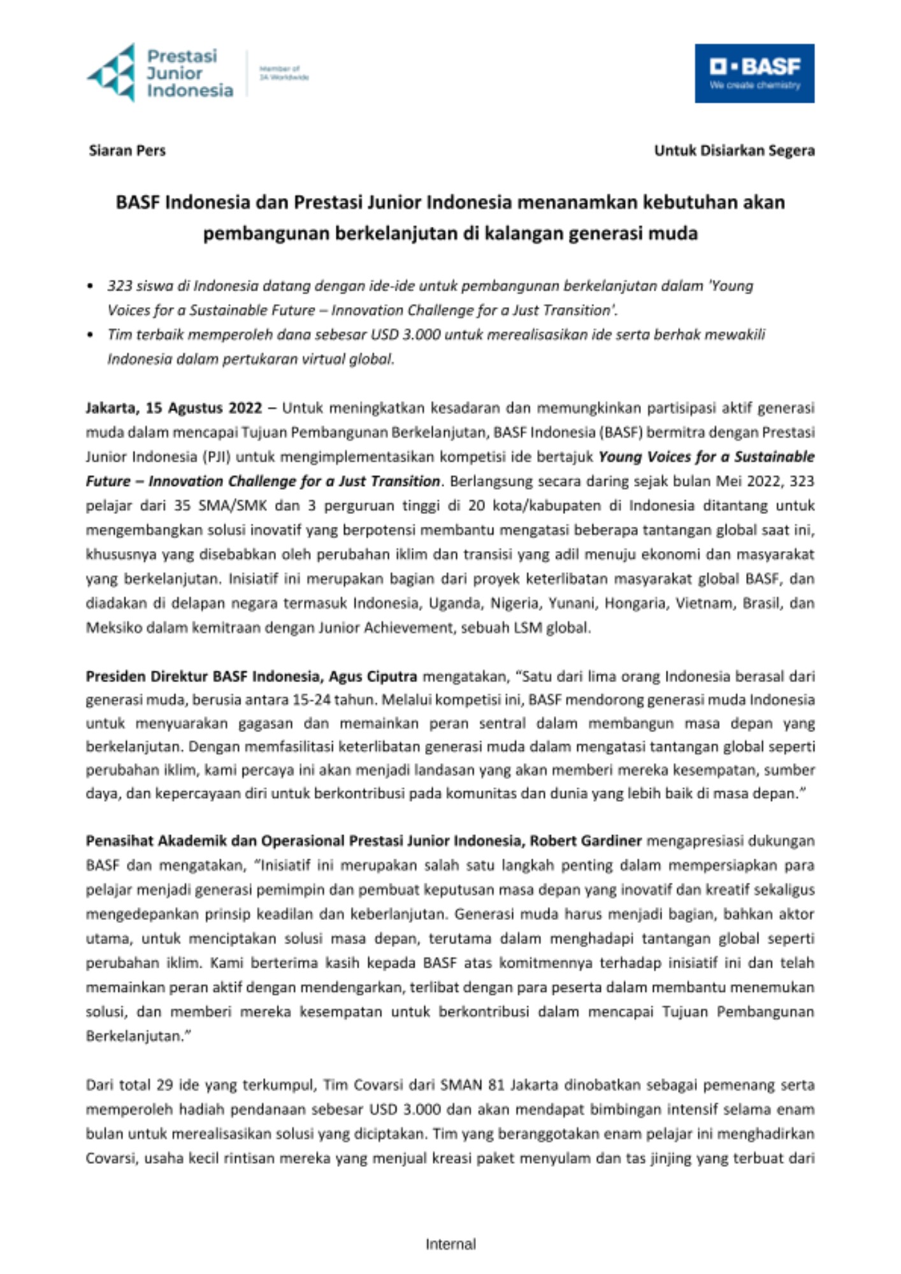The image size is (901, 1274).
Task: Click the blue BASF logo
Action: (x=754, y=73)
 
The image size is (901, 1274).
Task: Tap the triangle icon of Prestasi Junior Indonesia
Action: (x=113, y=73)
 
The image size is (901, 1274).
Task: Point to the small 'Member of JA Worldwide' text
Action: (x=283, y=73)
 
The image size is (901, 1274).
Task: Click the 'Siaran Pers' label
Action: (x=127, y=151)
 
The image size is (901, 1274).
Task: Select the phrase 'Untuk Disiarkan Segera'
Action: (x=734, y=151)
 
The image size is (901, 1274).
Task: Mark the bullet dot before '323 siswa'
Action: (x=90, y=287)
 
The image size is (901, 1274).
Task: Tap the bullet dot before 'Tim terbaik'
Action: (x=90, y=335)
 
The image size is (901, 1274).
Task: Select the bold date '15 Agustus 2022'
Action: (x=203, y=408)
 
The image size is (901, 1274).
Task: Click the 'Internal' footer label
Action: (x=450, y=1244)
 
